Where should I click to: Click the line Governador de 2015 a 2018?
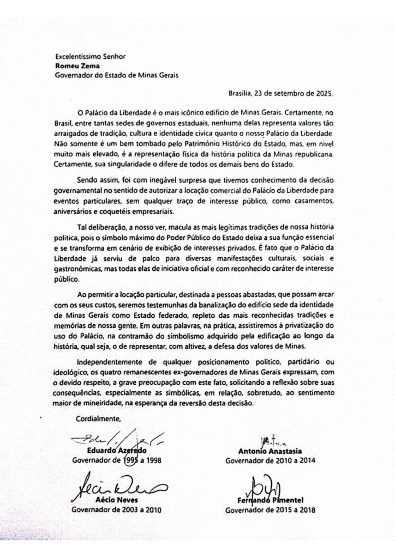coord(270,511)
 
